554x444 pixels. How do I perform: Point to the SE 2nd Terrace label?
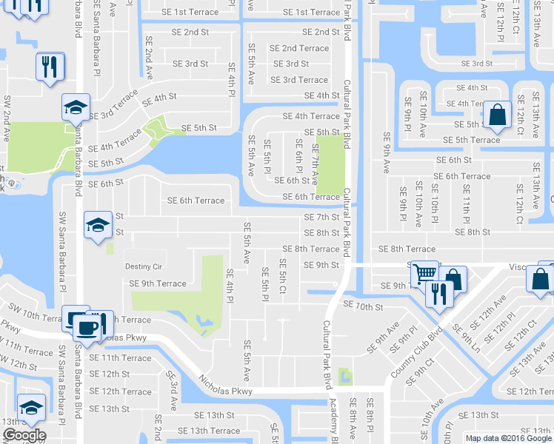[x=300, y=48]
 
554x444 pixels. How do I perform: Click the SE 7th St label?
[x=322, y=218]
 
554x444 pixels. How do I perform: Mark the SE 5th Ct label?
[x=282, y=275]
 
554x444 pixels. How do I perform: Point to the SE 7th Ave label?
[x=315, y=165]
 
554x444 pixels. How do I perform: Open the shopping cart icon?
[x=424, y=273]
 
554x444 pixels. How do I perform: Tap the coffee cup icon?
[x=87, y=326]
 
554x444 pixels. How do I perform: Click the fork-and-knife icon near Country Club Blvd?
[x=439, y=292]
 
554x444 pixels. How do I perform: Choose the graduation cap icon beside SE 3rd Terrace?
[x=75, y=107]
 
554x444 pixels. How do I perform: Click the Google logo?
[x=24, y=436]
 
